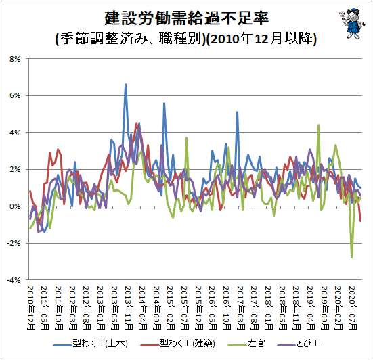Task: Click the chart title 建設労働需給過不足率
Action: point(187,18)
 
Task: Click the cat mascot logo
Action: point(352,23)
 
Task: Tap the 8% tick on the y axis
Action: point(15,59)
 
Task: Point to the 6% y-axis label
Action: point(15,95)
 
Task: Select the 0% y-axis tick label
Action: point(15,206)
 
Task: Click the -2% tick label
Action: point(14,243)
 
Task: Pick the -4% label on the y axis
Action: point(14,280)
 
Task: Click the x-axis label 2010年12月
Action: point(31,308)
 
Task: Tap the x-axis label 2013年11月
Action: point(129,308)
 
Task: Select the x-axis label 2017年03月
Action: point(240,308)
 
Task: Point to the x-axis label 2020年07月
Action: point(352,308)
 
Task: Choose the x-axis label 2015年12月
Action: point(198,308)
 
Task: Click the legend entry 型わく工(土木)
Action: point(91,344)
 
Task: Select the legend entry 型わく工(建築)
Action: point(178,344)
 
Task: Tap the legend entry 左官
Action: point(246,344)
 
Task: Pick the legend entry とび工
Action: point(299,344)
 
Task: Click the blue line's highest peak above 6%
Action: point(126,84)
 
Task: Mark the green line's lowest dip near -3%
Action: point(351,257)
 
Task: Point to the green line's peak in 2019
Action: point(318,125)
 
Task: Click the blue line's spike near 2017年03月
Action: point(237,112)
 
